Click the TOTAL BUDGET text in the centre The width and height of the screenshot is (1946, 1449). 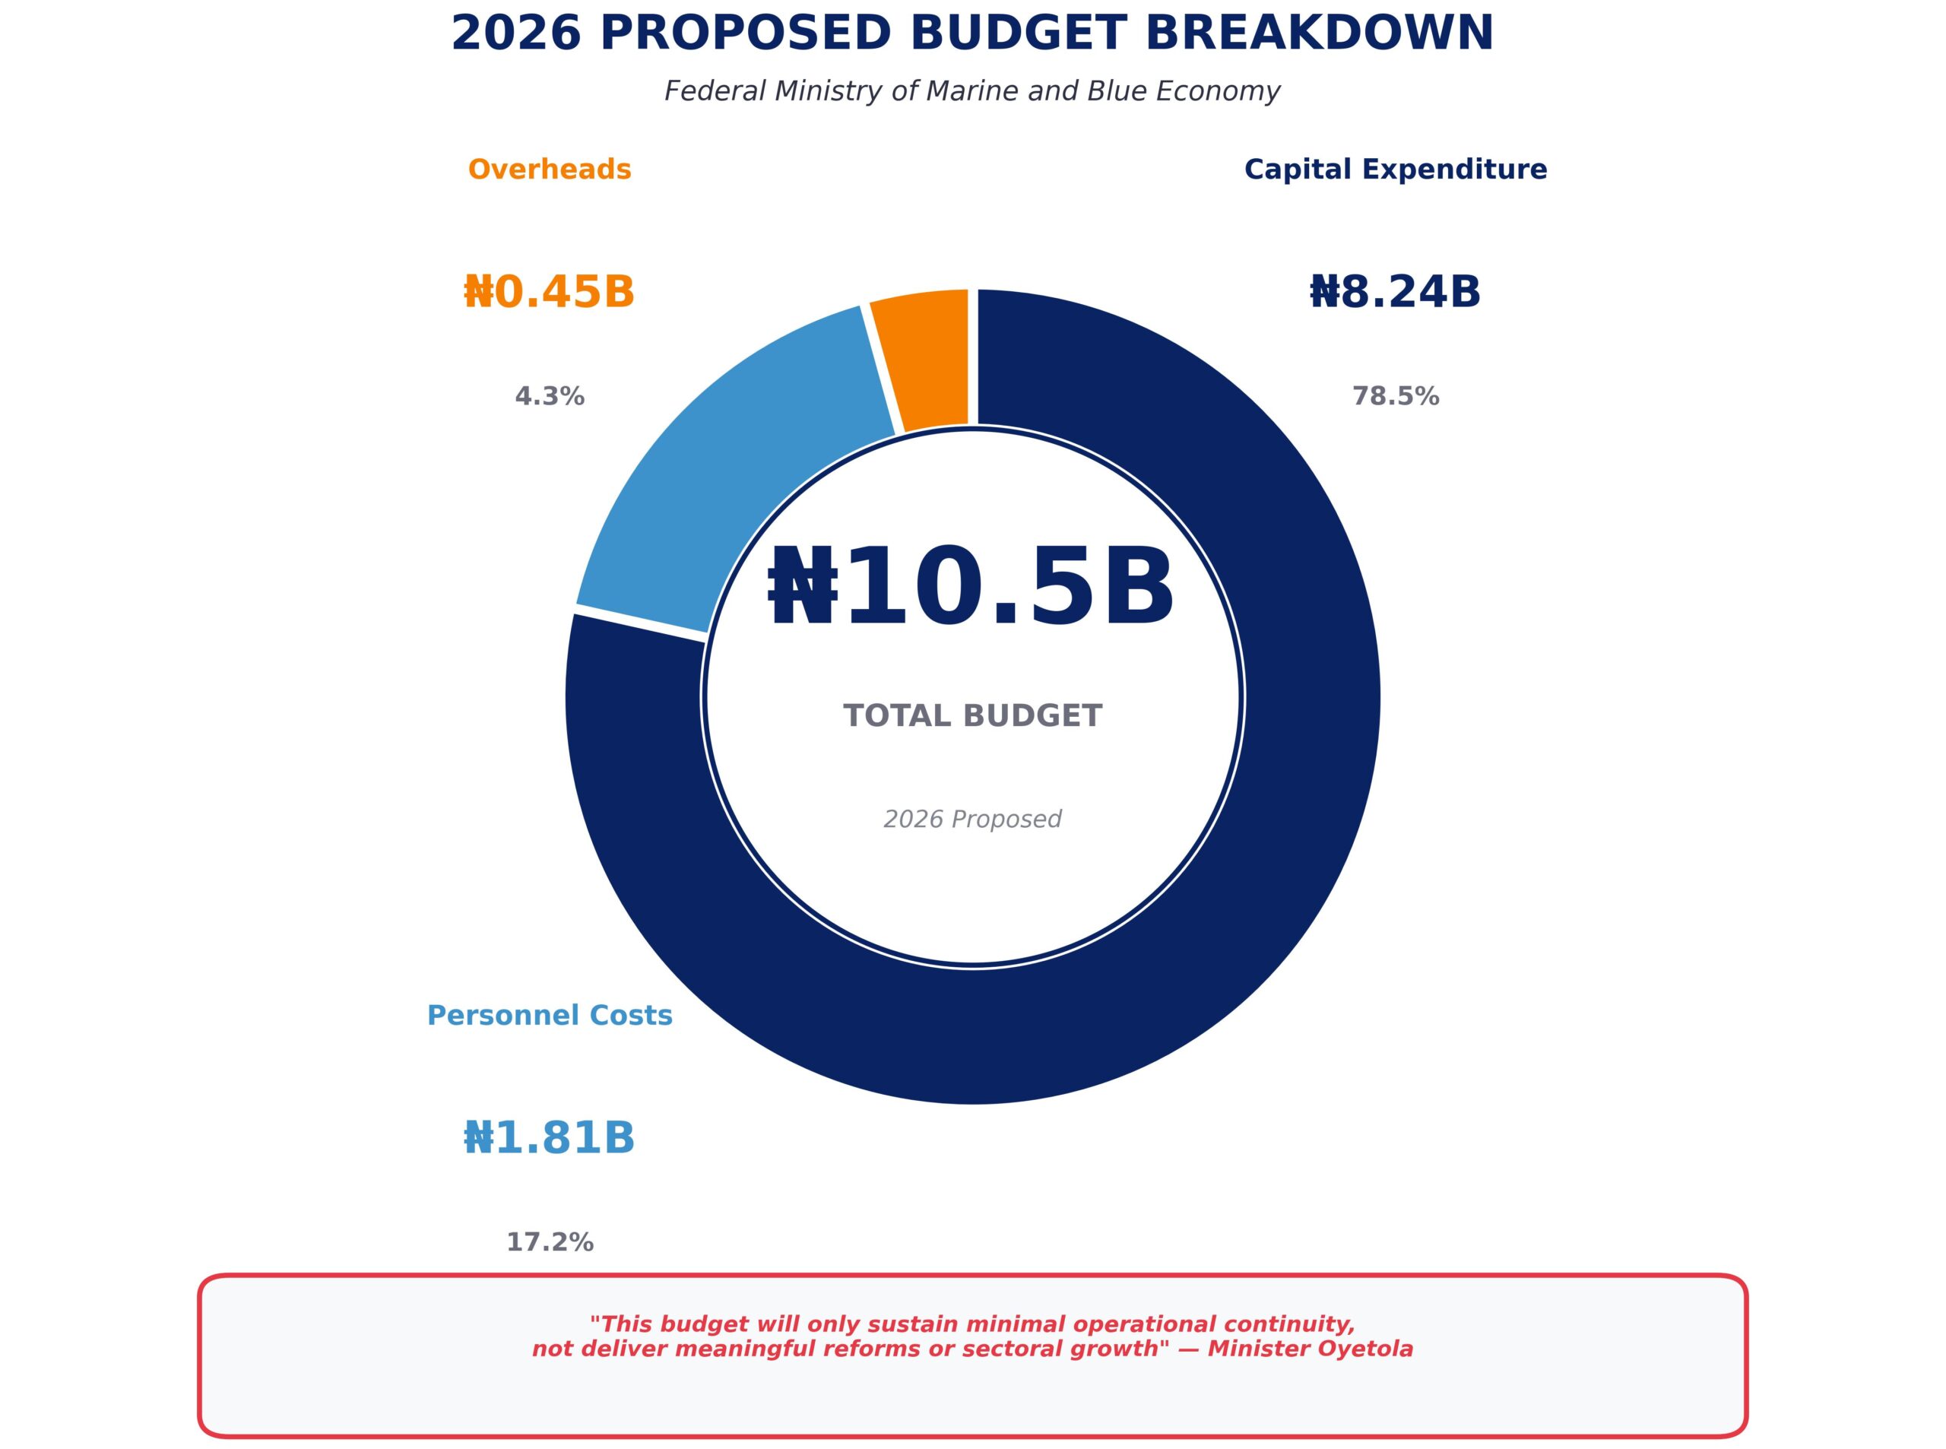coord(972,715)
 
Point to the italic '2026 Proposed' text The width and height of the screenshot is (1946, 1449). coord(972,820)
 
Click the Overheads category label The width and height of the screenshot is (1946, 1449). coord(550,170)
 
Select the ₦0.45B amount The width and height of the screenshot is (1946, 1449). coord(549,292)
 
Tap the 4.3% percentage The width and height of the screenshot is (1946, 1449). coord(550,396)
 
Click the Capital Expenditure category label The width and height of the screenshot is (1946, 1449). coord(1395,170)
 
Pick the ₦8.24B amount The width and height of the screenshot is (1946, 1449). coord(1395,292)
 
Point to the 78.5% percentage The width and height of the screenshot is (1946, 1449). coord(1395,396)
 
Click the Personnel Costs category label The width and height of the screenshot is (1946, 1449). coord(550,1016)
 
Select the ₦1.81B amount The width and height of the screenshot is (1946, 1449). coord(549,1139)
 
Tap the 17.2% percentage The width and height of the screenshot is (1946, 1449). coord(550,1242)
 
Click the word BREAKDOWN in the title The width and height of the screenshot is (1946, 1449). coord(1319,33)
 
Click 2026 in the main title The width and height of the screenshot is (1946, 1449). coord(515,33)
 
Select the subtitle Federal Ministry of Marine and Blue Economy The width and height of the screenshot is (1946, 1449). coord(972,91)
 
